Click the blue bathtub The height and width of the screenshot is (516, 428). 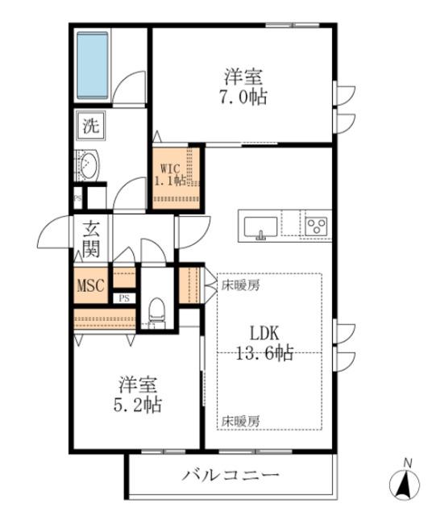93,64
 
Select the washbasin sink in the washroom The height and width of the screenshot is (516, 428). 87,166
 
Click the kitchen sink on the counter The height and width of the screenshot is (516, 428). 260,225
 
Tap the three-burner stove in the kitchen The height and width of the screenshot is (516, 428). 315,225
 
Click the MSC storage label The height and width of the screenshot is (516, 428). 90,285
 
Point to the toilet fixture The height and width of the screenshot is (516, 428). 157,311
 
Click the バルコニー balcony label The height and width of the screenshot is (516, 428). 230,476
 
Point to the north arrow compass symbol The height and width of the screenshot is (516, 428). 404,482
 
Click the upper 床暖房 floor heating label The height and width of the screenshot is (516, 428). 240,285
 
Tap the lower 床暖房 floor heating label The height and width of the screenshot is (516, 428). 240,421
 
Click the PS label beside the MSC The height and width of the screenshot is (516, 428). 124,298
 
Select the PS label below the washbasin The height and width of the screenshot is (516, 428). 77,197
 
